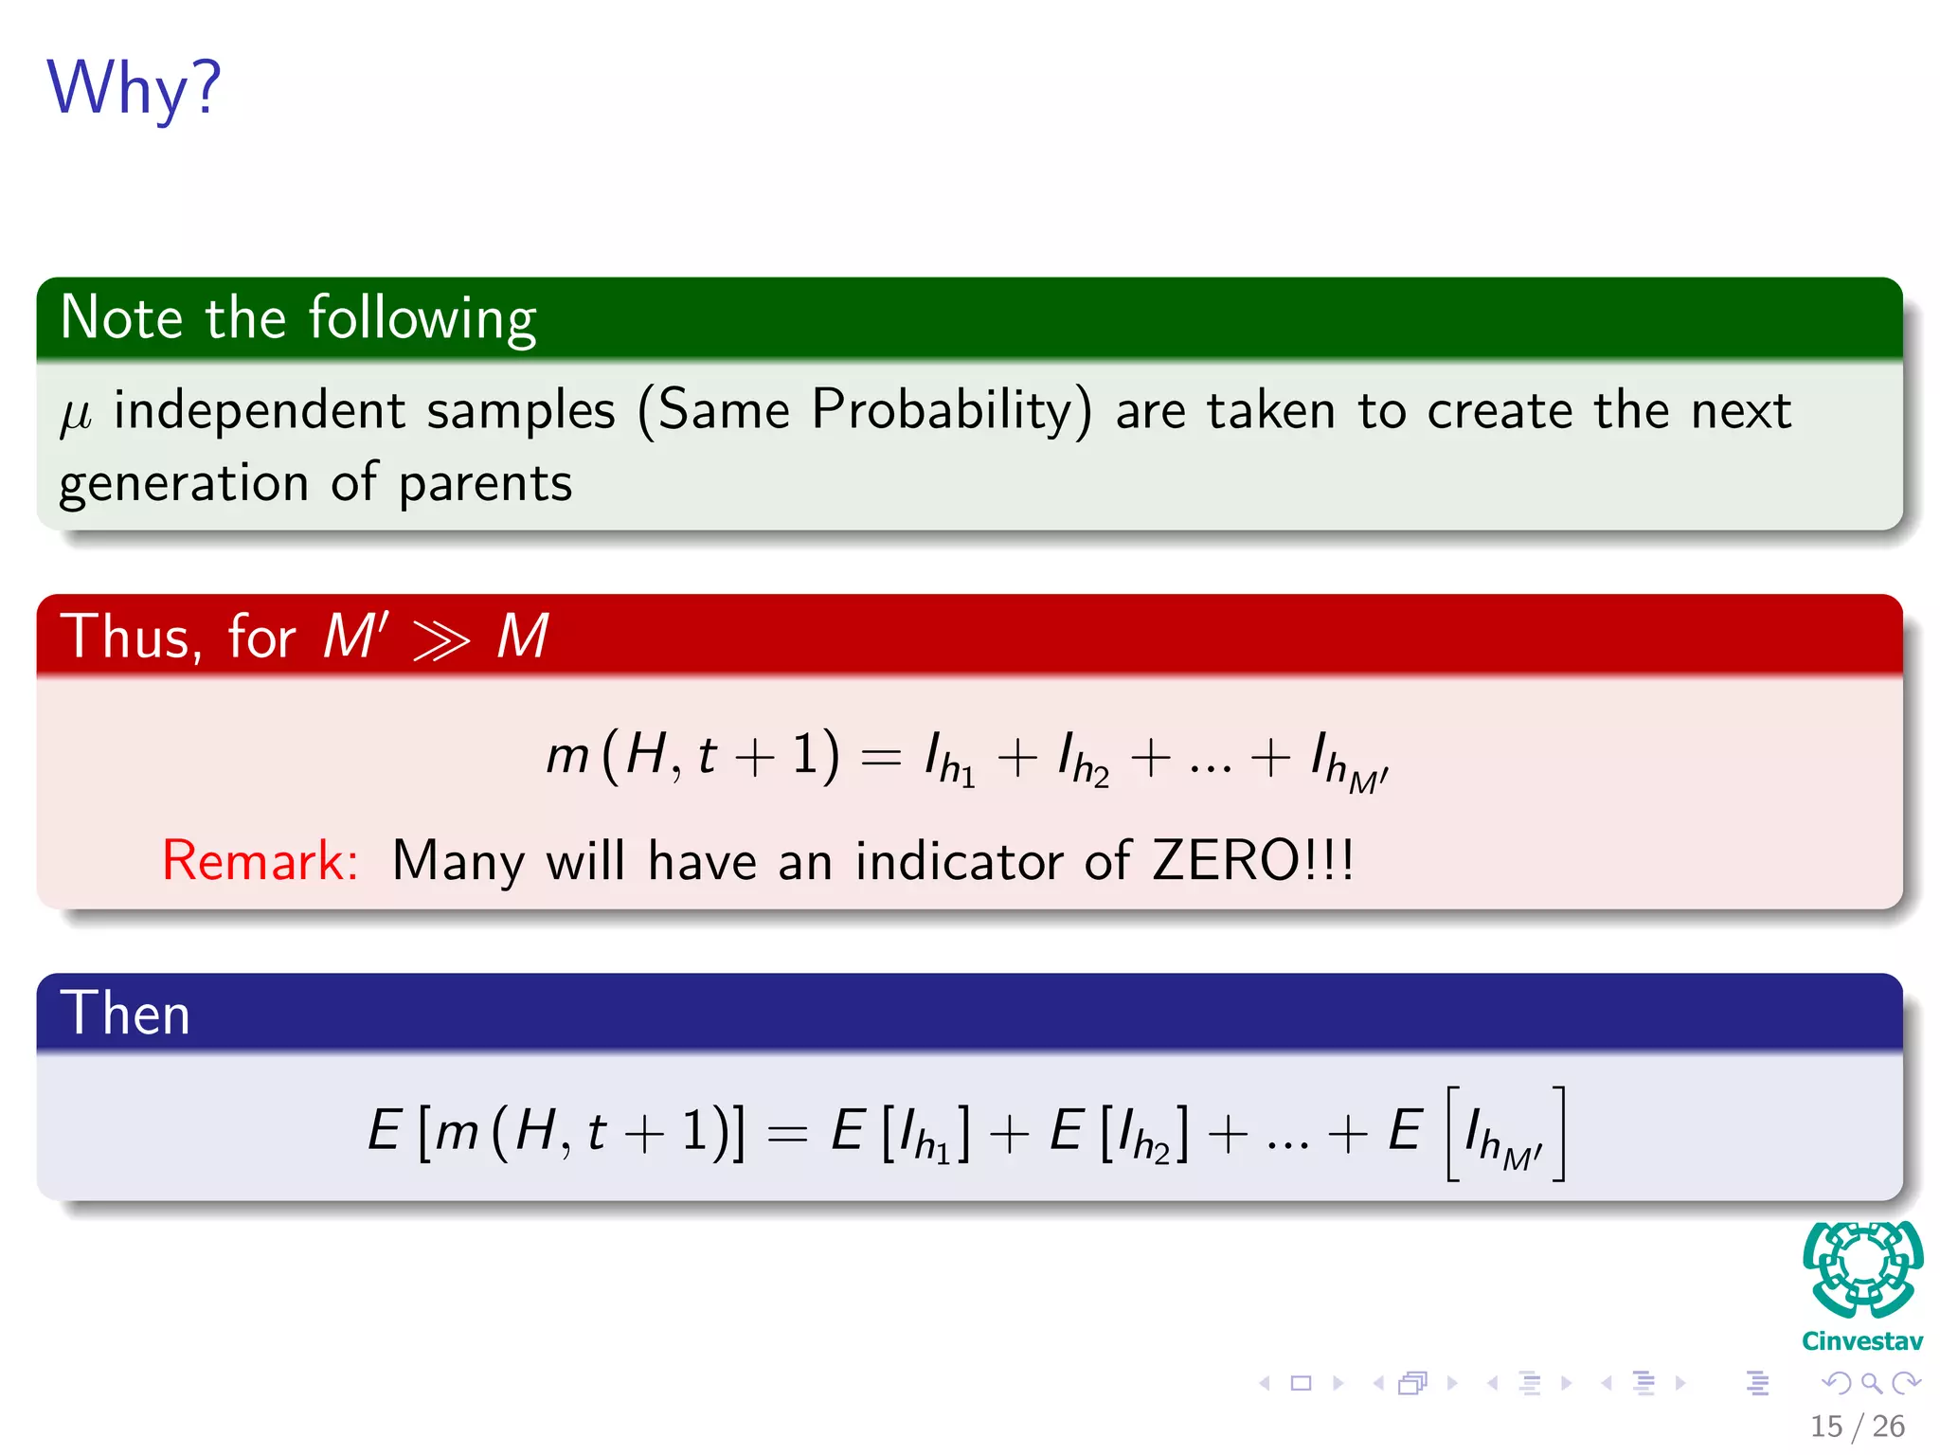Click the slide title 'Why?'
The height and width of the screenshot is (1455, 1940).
(134, 88)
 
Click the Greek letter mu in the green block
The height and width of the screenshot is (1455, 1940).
(76, 415)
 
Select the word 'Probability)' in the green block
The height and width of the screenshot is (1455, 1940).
(951, 411)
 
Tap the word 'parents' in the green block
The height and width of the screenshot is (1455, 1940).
(485, 484)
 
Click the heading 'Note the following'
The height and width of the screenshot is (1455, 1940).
(298, 317)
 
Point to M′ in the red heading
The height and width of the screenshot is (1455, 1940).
(355, 635)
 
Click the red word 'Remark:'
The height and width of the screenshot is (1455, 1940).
(260, 860)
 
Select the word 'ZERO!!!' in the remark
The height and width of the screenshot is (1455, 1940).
(1252, 860)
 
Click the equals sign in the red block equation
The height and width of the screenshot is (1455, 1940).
(880, 758)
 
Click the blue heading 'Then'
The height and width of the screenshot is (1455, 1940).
(125, 1013)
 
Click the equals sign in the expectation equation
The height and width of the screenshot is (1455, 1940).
(787, 1133)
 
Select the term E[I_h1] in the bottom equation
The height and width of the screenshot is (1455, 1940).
(900, 1133)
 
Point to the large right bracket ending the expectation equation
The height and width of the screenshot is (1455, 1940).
(1558, 1133)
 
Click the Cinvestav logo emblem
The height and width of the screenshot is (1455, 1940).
(1862, 1269)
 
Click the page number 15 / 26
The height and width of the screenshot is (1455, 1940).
(1857, 1426)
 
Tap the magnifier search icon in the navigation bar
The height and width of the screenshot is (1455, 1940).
(1871, 1383)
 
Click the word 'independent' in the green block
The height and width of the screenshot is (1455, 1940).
(260, 411)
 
